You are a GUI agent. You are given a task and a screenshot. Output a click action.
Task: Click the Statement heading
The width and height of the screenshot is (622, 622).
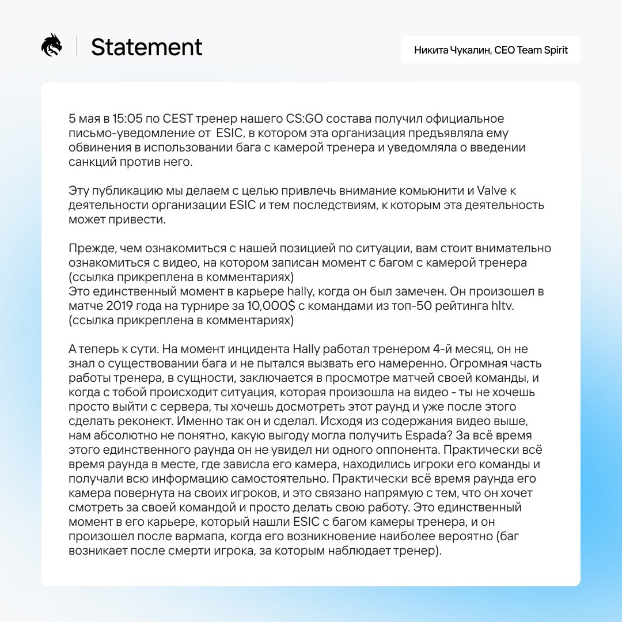tap(147, 47)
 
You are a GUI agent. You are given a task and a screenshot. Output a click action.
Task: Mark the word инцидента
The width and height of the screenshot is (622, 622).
tap(252, 349)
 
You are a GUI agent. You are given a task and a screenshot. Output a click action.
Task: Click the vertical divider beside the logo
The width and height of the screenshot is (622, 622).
tap(77, 47)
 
